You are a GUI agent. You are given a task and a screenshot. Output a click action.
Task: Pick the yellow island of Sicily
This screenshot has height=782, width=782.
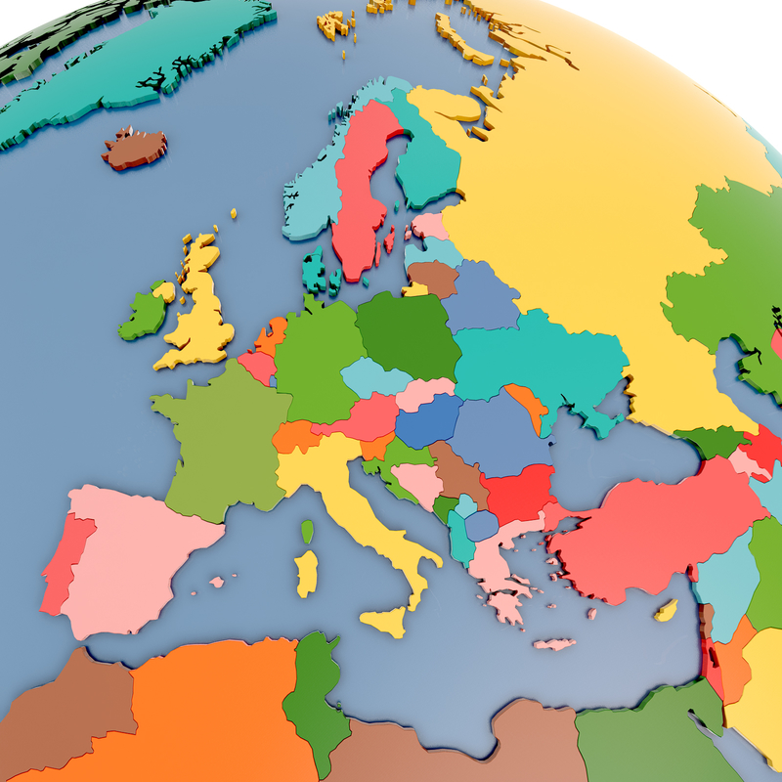coord(385,620)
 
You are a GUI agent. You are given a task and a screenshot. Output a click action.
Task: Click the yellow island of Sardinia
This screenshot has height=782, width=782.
coord(307,572)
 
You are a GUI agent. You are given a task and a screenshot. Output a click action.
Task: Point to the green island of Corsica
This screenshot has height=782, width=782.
coord(307,532)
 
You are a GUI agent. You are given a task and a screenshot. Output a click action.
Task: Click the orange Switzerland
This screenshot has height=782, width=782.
coord(295,436)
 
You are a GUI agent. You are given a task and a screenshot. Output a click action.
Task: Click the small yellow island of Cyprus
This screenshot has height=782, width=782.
coord(667,612)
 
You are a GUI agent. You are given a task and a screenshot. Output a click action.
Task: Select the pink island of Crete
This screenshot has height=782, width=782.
coord(554,644)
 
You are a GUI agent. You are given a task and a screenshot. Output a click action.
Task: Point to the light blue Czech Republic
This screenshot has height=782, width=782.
coord(373,377)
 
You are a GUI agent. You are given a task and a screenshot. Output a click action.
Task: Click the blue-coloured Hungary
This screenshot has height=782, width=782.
coord(427,419)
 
